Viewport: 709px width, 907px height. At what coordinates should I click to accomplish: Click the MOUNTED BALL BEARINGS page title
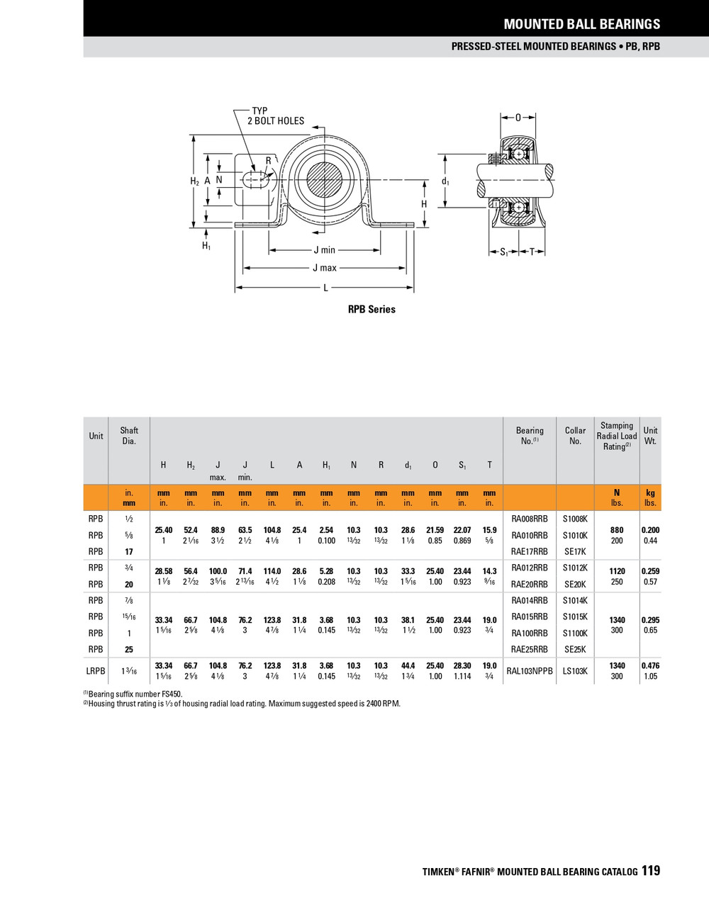tap(581, 24)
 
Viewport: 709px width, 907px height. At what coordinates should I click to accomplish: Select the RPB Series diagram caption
tap(372, 310)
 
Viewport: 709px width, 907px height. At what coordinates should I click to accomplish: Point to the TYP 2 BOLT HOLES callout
tap(275, 116)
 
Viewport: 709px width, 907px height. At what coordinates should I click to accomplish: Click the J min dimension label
tap(324, 249)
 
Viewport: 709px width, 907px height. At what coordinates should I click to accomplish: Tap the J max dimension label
tap(325, 268)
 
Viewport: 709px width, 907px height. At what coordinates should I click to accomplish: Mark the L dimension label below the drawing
tap(325, 288)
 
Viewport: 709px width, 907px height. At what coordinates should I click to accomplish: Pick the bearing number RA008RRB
tap(529, 519)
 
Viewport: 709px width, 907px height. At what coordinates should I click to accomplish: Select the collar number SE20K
tap(574, 585)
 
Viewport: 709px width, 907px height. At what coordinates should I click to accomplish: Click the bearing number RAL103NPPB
tap(529, 671)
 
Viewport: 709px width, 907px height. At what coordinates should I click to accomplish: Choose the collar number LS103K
tap(574, 671)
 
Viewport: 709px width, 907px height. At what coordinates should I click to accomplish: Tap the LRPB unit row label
tap(96, 671)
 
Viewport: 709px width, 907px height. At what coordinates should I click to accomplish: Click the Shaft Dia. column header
tap(129, 436)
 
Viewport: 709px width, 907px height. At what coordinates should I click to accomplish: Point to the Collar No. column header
tap(575, 436)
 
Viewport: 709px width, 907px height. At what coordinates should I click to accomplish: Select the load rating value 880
tap(616, 530)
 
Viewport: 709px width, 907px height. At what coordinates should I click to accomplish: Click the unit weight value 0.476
tap(650, 665)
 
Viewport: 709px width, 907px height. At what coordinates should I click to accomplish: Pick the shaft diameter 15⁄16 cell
tap(129, 616)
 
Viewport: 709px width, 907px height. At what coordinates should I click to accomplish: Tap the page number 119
tap(650, 871)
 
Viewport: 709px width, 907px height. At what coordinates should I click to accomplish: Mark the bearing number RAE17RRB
tap(529, 551)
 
